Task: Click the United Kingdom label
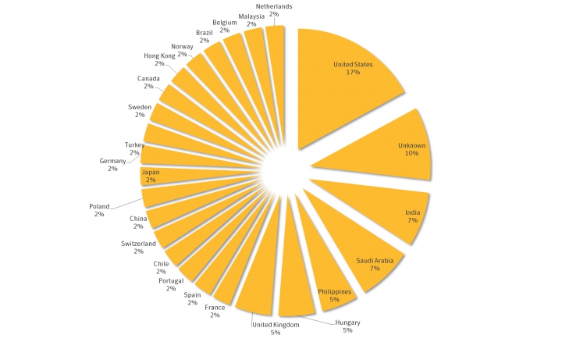pyautogui.click(x=275, y=328)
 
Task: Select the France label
pyautogui.click(x=215, y=312)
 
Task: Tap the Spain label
pyautogui.click(x=193, y=298)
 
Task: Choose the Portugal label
pyautogui.click(x=171, y=284)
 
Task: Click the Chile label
pyautogui.click(x=161, y=268)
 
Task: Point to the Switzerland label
pyautogui.click(x=138, y=247)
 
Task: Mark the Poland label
pyautogui.click(x=99, y=210)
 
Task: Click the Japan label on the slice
pyautogui.click(x=150, y=175)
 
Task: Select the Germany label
pyautogui.click(x=112, y=164)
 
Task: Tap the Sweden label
pyautogui.click(x=140, y=110)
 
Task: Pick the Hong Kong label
pyautogui.click(x=159, y=59)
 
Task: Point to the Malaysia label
pyautogui.click(x=251, y=20)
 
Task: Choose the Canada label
pyautogui.click(x=148, y=82)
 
